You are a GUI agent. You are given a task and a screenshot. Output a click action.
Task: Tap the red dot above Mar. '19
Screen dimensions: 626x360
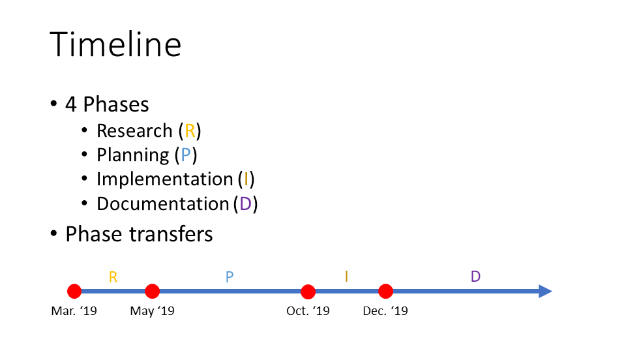(x=74, y=292)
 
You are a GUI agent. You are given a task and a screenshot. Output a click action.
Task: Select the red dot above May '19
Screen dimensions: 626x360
(x=152, y=292)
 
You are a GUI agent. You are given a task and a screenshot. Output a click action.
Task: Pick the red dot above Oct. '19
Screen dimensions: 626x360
(x=308, y=292)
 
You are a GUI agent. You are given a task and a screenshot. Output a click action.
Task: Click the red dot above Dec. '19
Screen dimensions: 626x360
(x=385, y=292)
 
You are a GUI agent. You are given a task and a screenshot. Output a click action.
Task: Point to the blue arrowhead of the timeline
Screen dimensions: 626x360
(x=545, y=292)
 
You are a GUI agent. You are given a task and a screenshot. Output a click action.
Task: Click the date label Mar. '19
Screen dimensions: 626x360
(x=74, y=311)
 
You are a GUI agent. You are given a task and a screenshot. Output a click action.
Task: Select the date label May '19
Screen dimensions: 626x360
(x=152, y=311)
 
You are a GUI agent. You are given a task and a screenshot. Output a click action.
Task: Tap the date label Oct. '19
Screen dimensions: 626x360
(x=308, y=311)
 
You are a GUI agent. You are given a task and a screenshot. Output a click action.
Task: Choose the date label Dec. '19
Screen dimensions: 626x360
(x=385, y=311)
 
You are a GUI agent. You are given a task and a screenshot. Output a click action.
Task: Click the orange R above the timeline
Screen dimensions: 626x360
(x=113, y=277)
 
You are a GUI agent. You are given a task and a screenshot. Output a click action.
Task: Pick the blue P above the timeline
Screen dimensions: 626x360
(x=229, y=277)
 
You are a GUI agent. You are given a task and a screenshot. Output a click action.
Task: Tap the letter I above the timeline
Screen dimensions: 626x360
(x=346, y=276)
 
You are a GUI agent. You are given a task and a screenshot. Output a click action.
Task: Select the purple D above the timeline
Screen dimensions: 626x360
(x=475, y=276)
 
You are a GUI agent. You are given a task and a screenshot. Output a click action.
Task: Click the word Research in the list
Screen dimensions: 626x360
(x=134, y=131)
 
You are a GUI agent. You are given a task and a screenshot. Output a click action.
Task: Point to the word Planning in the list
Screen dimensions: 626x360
(x=133, y=156)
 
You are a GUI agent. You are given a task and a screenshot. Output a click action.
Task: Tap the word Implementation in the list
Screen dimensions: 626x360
(x=165, y=179)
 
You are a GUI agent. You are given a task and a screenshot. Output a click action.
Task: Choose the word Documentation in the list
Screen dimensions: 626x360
(x=163, y=204)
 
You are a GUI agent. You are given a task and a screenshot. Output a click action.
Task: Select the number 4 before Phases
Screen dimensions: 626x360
(x=70, y=104)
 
